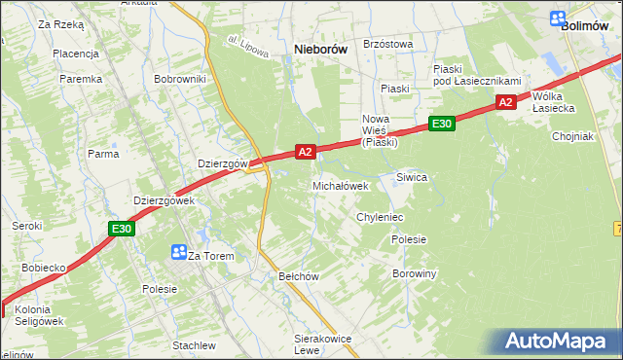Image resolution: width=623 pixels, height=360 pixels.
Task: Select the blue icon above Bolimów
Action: click(558, 18)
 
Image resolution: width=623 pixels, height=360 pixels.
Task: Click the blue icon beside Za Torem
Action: click(178, 252)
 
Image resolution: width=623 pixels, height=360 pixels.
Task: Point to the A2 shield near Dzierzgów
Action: click(306, 152)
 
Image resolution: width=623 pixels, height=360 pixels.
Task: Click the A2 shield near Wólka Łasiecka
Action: click(504, 102)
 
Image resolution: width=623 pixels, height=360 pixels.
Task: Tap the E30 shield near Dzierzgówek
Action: click(121, 229)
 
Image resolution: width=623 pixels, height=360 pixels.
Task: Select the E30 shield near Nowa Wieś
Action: click(441, 124)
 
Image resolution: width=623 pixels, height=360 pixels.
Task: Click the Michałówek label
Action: click(340, 185)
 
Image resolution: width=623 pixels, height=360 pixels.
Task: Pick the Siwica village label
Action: click(412, 177)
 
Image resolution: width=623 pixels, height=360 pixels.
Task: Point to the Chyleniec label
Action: click(380, 217)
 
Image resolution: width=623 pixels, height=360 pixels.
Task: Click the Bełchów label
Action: click(299, 276)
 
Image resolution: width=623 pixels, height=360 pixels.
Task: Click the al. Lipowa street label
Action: click(247, 48)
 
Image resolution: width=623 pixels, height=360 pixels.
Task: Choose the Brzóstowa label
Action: click(387, 44)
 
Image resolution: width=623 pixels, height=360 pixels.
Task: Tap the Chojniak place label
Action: click(572, 136)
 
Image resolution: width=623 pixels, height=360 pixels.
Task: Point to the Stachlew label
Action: click(194, 345)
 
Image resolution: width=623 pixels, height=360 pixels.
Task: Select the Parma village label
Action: click(103, 154)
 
